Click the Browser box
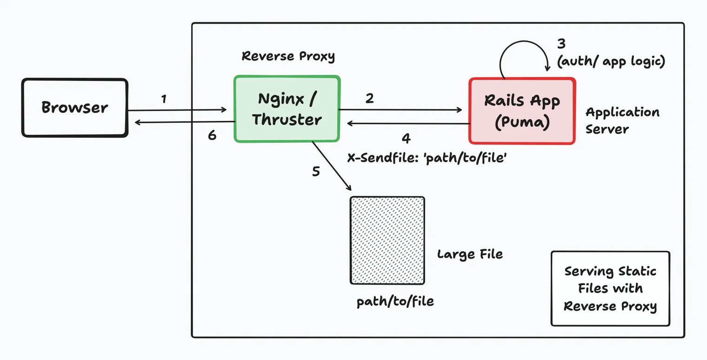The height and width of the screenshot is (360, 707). [74, 108]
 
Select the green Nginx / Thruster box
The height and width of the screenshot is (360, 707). [287, 109]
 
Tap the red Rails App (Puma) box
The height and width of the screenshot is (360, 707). [522, 111]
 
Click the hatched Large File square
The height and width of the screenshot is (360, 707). [387, 240]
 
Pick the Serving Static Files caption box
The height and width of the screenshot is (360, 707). [610, 289]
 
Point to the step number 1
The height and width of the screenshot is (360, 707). [164, 99]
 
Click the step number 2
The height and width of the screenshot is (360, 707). [369, 99]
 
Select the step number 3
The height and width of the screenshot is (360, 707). [561, 44]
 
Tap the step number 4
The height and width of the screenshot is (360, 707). [406, 138]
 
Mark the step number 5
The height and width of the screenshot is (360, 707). [316, 172]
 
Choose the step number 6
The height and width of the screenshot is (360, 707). [212, 136]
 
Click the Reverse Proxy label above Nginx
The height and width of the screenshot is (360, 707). [288, 57]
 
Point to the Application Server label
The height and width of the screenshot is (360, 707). [622, 120]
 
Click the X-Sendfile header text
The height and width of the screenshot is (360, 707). [427, 158]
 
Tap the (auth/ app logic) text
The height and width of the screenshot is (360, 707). [611, 61]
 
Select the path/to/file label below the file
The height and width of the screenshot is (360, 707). [395, 301]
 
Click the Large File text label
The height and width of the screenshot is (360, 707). [470, 254]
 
